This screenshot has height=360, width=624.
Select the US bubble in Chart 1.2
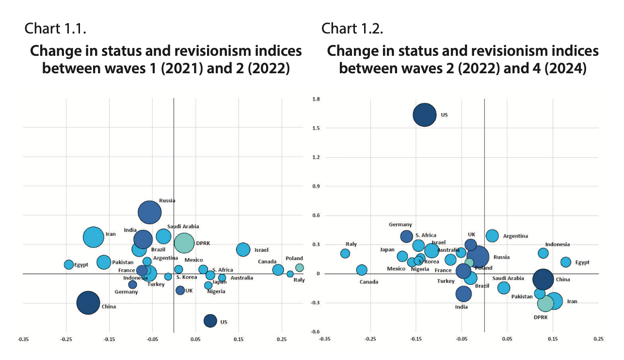(x=424, y=115)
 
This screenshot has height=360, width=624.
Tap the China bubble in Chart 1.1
(x=88, y=303)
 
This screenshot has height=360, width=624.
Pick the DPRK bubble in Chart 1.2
(x=545, y=304)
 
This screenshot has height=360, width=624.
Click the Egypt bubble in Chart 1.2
(x=565, y=262)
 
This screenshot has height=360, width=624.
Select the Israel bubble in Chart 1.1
(x=243, y=249)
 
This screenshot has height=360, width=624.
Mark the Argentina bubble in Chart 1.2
(x=492, y=236)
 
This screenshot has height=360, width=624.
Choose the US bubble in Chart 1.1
(x=210, y=320)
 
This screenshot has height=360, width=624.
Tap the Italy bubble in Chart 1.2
(x=345, y=253)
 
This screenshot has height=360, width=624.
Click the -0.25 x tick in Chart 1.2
(x=370, y=340)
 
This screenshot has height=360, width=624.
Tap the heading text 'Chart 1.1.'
(x=55, y=29)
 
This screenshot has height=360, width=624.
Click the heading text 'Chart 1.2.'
(x=352, y=29)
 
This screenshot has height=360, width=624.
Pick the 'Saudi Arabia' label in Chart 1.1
(x=183, y=227)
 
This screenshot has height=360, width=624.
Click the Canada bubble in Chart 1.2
(x=362, y=270)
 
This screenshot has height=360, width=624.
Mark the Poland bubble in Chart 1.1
(x=300, y=267)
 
